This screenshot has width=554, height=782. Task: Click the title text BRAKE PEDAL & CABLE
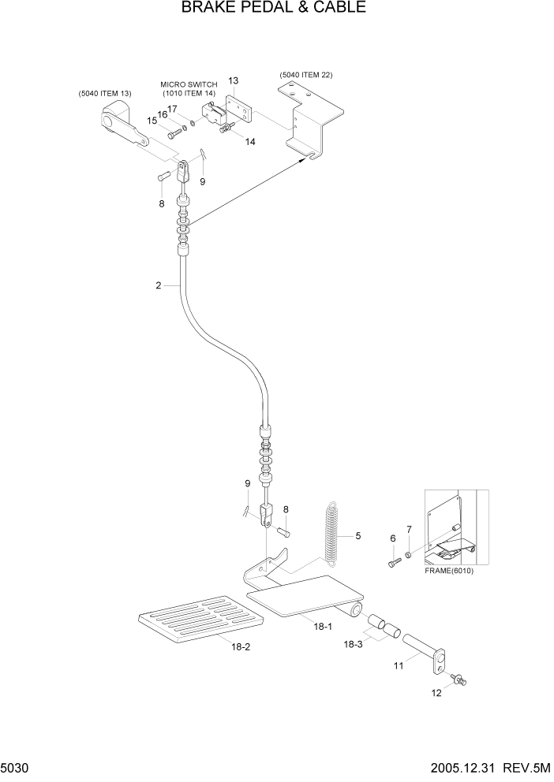click(273, 9)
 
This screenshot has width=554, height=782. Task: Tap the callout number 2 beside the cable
click(159, 286)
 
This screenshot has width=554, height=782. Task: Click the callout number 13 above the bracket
click(234, 80)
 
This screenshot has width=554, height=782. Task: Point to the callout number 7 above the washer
click(409, 528)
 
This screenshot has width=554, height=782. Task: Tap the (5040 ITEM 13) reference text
click(105, 94)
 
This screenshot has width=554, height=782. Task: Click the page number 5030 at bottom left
click(16, 768)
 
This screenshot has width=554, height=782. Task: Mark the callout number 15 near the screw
click(151, 121)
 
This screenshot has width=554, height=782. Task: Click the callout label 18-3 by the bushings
click(354, 644)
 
